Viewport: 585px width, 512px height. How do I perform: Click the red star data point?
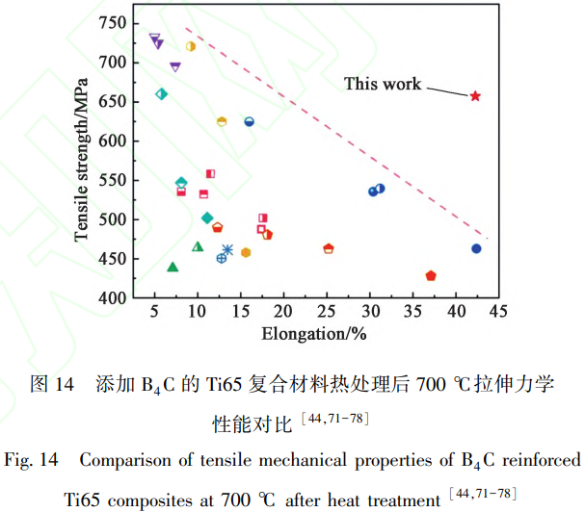[475, 96]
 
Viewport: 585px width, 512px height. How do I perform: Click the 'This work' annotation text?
[383, 84]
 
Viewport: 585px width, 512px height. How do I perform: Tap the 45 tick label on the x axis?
[500, 313]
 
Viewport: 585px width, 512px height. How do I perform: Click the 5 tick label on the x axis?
[155, 313]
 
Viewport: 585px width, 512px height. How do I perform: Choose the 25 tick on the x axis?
[328, 313]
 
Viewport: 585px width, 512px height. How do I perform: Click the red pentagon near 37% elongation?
[431, 276]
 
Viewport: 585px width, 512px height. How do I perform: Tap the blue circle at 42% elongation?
[476, 249]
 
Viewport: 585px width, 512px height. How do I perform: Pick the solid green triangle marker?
[173, 268]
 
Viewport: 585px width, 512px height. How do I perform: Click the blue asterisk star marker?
[228, 250]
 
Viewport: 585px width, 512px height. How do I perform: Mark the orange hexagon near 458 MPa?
[246, 253]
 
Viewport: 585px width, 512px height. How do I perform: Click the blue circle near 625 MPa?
[249, 122]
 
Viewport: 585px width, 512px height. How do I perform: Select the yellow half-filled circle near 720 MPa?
[191, 46]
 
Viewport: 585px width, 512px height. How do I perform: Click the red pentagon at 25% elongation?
[329, 249]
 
